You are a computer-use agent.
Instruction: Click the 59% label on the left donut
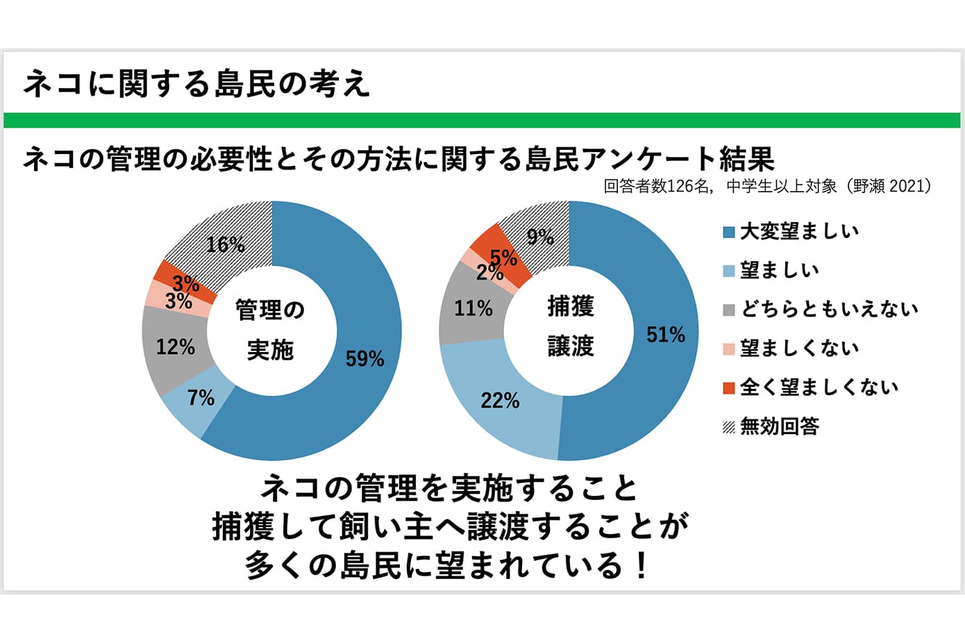click(365, 358)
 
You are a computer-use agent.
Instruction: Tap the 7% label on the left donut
click(201, 397)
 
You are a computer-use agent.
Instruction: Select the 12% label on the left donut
click(175, 346)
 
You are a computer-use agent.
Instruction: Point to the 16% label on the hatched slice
click(226, 244)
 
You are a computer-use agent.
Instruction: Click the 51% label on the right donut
click(665, 335)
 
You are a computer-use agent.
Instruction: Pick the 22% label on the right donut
click(500, 400)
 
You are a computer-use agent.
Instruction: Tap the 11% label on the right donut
click(473, 308)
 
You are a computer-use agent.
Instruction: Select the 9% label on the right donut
click(540, 237)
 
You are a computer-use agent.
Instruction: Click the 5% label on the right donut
click(504, 258)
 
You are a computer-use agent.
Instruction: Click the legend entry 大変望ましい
click(798, 231)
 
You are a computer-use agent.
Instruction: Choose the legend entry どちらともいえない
click(829, 309)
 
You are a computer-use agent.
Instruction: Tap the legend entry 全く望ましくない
click(819, 387)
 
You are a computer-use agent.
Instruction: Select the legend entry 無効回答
click(779, 426)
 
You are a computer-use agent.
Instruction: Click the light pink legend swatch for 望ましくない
click(728, 349)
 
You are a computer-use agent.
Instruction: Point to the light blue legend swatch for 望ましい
click(728, 271)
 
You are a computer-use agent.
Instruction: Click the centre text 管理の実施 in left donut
click(270, 330)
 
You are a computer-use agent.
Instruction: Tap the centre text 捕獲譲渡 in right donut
click(570, 326)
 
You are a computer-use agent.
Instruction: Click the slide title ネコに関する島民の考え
click(196, 84)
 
